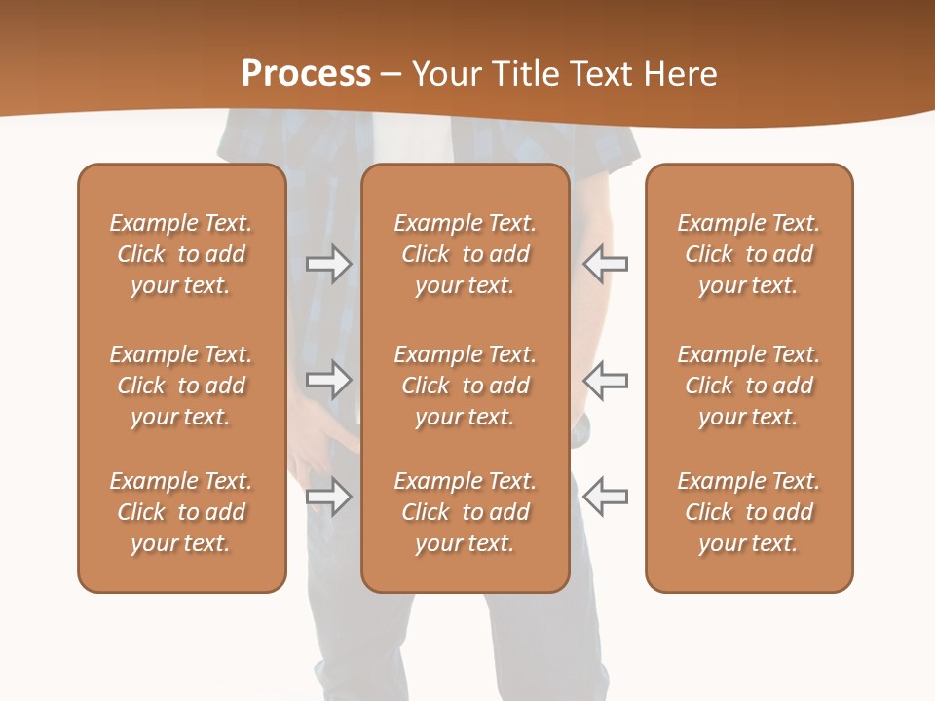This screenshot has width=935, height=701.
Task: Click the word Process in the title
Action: click(x=306, y=74)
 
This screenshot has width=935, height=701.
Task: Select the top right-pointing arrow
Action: click(x=328, y=264)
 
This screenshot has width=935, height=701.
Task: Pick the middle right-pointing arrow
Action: click(x=328, y=380)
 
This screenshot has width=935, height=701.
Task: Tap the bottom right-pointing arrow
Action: click(x=328, y=497)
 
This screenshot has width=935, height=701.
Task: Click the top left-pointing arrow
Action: click(x=605, y=264)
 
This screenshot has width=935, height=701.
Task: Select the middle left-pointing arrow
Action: click(x=605, y=380)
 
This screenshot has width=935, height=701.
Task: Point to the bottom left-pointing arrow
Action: click(x=605, y=497)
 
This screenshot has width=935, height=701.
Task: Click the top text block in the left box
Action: click(x=181, y=254)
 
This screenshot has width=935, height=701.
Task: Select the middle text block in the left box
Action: click(x=181, y=386)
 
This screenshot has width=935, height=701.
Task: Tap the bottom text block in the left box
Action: click(x=181, y=512)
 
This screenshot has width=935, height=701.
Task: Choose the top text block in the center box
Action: click(x=465, y=254)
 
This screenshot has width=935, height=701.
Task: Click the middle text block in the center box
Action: click(x=465, y=386)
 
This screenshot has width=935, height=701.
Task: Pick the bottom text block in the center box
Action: click(x=465, y=512)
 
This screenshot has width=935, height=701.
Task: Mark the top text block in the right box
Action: click(x=749, y=254)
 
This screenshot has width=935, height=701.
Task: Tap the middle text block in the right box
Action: click(x=749, y=386)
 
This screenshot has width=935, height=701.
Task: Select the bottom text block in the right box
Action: click(x=749, y=512)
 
